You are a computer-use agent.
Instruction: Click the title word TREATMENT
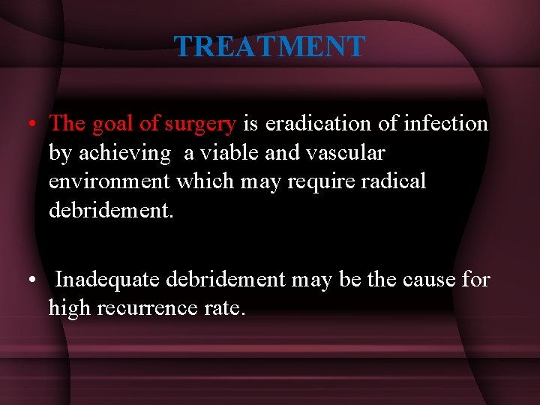click(x=269, y=46)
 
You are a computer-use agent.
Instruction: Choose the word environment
click(x=109, y=181)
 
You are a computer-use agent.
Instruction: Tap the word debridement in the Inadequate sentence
click(x=226, y=280)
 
